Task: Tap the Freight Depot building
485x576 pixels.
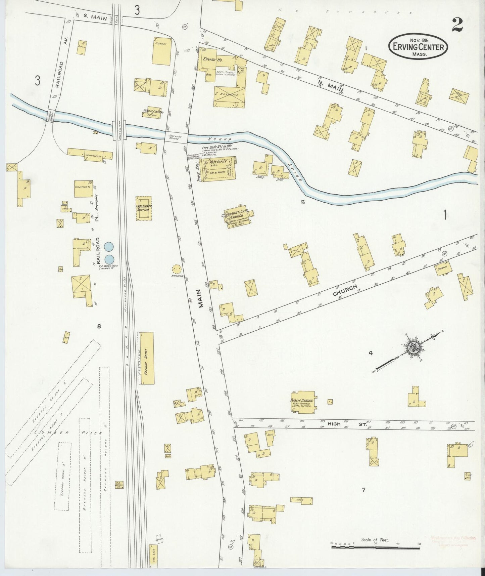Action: point(147,358)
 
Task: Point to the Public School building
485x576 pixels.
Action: point(303,402)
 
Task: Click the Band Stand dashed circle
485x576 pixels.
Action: point(176,269)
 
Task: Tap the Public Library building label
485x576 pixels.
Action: point(153,112)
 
